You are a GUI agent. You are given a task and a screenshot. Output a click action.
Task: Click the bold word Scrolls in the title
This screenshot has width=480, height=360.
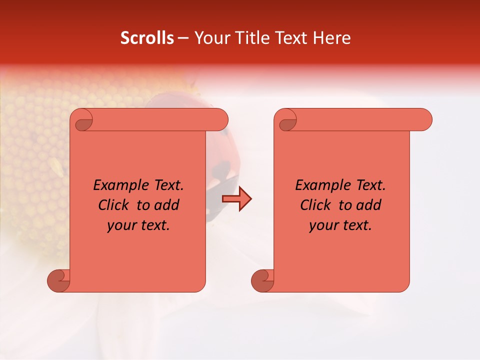pyautogui.click(x=147, y=38)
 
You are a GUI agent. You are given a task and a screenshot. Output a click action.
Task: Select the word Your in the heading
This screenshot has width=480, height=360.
pyautogui.click(x=211, y=38)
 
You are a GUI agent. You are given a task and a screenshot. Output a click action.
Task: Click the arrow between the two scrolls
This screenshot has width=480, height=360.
pyautogui.click(x=236, y=199)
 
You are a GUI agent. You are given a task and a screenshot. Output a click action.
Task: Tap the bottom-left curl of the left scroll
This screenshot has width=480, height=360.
pyautogui.click(x=58, y=280)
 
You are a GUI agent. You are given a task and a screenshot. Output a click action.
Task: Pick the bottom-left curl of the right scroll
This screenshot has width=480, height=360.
pyautogui.click(x=262, y=280)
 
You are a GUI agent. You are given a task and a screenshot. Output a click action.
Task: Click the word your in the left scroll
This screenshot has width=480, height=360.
pyautogui.click(x=121, y=225)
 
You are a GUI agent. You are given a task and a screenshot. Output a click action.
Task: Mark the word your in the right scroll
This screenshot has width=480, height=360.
pyautogui.click(x=323, y=225)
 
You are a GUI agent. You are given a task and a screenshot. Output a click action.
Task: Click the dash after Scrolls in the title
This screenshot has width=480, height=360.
pyautogui.click(x=183, y=38)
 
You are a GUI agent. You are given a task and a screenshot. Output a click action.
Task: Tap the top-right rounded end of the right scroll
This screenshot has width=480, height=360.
pyautogui.click(x=423, y=119)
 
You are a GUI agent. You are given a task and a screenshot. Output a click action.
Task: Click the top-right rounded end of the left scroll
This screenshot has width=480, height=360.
pyautogui.click(x=219, y=119)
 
